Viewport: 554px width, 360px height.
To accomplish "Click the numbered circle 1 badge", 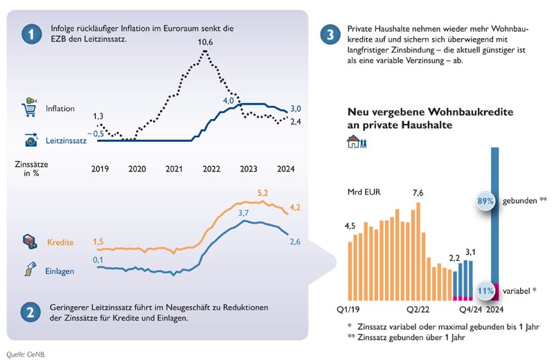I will pyautogui.click(x=29, y=34).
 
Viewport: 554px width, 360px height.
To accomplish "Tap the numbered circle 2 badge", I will pyautogui.click(x=29, y=312).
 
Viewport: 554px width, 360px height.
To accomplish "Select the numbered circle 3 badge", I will pyautogui.click(x=332, y=34).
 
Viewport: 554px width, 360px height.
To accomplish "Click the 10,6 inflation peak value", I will pyautogui.click(x=206, y=43).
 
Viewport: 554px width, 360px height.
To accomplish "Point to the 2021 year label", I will pyautogui.click(x=175, y=168).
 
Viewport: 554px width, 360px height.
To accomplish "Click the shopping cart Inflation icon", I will pyautogui.click(x=30, y=108).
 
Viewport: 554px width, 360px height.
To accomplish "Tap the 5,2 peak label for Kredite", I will pyautogui.click(x=263, y=192).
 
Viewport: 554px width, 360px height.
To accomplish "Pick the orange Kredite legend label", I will pyautogui.click(x=60, y=242).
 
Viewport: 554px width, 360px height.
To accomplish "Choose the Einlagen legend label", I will pyautogui.click(x=60, y=271).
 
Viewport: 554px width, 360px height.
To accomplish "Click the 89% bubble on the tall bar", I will pyautogui.click(x=485, y=201).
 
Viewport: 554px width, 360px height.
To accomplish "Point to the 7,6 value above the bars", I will pyautogui.click(x=418, y=192).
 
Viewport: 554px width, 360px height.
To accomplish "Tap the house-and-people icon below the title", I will pyautogui.click(x=357, y=142).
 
